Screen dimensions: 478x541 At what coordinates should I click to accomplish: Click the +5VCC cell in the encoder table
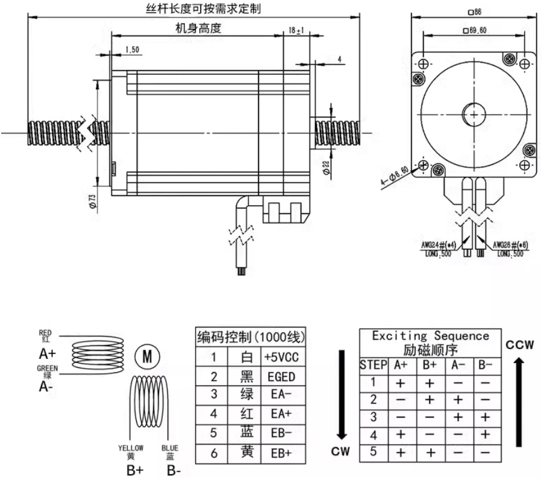[x=281, y=357]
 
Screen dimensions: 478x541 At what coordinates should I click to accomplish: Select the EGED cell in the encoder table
[x=281, y=377]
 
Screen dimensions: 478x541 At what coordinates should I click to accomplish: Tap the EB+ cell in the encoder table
[x=281, y=453]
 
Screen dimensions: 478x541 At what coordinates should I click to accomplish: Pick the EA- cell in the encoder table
[x=281, y=396]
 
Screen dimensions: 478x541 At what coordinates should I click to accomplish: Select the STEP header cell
[x=371, y=364]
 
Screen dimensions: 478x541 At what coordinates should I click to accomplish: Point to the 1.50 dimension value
[x=133, y=49]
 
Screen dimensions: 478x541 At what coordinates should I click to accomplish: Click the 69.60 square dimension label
[x=475, y=30]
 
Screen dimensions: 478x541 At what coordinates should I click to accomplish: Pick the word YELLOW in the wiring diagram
[x=131, y=448]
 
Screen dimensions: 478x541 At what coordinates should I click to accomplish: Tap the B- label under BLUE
[x=174, y=470]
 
